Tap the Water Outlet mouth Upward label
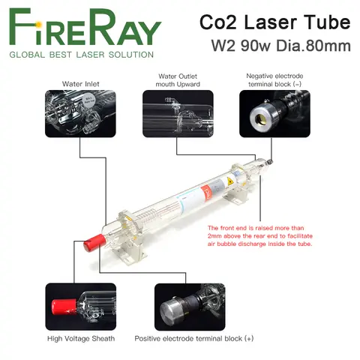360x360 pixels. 177,79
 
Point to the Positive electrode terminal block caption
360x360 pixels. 194,339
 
